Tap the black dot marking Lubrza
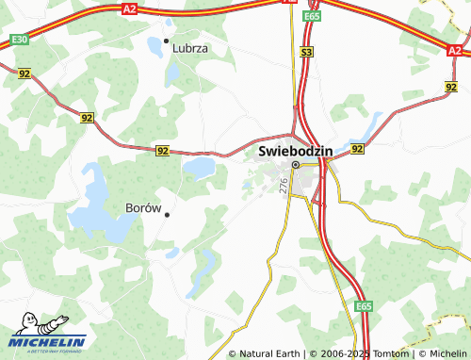pos(167,41)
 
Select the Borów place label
pos(144,206)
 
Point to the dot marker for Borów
pos(167,215)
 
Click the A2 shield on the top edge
pos(131,8)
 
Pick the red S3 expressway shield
pos(307,55)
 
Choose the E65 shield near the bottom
pos(364,307)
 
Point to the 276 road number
pos(283,188)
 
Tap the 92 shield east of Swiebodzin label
pos(357,149)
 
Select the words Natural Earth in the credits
pos(269,353)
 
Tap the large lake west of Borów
pos(97,202)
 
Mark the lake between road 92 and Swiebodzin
pos(199,168)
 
